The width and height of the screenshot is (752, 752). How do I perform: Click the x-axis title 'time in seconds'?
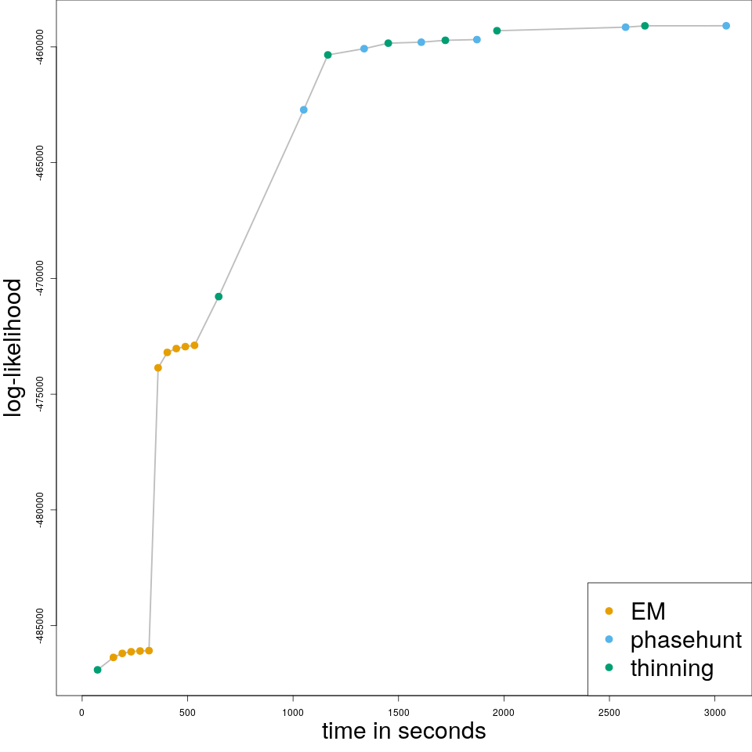click(403, 731)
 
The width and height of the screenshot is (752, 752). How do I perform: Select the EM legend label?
click(648, 611)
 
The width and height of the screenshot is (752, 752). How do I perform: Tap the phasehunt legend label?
click(685, 639)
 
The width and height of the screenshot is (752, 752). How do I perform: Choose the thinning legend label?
click(671, 667)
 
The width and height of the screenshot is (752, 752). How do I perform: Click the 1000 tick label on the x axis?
click(293, 712)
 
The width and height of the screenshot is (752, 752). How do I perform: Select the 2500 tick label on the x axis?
click(609, 712)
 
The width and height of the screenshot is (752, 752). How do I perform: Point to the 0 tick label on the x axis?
click(81, 712)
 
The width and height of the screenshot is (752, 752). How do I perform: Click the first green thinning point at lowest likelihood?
click(97, 670)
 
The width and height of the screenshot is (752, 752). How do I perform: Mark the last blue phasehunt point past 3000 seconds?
click(726, 26)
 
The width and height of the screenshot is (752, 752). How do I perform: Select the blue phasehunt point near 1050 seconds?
click(304, 110)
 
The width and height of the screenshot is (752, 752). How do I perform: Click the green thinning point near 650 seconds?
click(219, 296)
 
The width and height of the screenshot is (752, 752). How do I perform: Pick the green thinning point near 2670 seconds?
click(645, 26)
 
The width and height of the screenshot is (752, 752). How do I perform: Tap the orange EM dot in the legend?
click(609, 611)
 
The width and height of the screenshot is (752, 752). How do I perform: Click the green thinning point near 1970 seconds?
click(497, 31)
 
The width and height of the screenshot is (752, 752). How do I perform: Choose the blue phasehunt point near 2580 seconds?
click(625, 27)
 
